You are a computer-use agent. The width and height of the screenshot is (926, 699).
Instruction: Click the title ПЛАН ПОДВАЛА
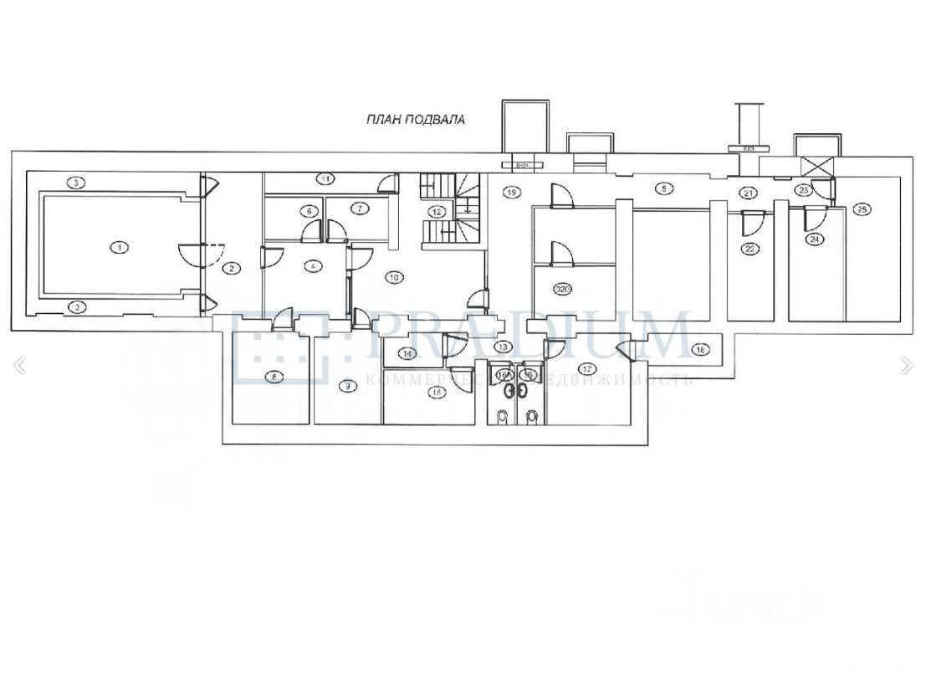click(x=415, y=120)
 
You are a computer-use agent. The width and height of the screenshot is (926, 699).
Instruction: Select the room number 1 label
click(x=120, y=247)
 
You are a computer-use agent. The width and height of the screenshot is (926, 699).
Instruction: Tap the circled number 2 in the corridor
click(x=231, y=269)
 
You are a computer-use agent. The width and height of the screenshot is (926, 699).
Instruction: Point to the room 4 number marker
click(x=313, y=266)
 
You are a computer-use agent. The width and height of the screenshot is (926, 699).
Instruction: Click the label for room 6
click(x=309, y=211)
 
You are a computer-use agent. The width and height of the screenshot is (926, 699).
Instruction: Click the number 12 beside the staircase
click(x=435, y=211)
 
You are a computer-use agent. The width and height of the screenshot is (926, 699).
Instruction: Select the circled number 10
click(x=394, y=276)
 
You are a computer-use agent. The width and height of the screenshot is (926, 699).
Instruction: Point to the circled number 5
click(x=663, y=189)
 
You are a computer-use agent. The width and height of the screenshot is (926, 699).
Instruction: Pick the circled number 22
click(x=750, y=249)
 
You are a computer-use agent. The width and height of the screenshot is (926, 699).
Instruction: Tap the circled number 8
click(x=274, y=377)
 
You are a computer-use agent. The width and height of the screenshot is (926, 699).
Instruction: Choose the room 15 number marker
click(x=435, y=391)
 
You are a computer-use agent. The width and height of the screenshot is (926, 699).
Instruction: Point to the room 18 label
click(x=702, y=349)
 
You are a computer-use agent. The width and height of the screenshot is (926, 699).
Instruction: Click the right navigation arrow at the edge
click(x=907, y=365)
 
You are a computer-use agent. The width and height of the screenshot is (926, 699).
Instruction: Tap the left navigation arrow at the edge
click(x=20, y=365)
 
